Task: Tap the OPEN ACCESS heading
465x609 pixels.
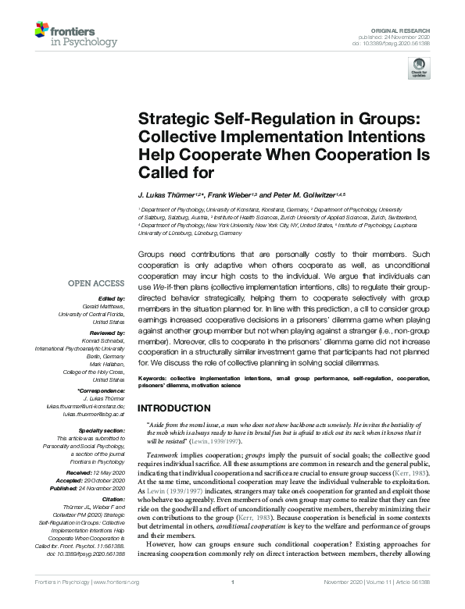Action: (97, 283)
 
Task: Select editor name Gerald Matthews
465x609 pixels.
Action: (103, 307)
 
